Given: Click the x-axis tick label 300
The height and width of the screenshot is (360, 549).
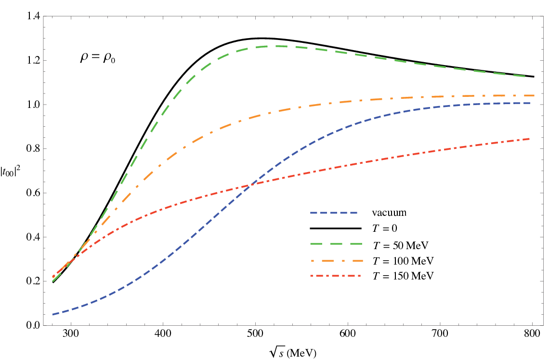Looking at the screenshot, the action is (71, 333).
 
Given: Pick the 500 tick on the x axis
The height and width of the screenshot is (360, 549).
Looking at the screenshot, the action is (256, 333).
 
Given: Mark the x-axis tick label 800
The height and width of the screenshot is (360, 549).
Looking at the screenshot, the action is (532, 333).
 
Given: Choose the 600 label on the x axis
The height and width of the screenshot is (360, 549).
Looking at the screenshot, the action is (348, 333).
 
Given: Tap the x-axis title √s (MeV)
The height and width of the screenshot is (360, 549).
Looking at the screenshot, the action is (293, 352).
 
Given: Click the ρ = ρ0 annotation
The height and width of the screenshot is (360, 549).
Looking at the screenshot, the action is (98, 57).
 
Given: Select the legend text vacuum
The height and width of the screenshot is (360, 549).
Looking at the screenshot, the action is (389, 213).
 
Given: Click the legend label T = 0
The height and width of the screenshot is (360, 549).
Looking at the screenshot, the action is (384, 228).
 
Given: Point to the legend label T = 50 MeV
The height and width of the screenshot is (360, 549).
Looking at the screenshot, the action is (400, 245).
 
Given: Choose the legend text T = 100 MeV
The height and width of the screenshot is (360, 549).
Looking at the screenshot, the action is (403, 261).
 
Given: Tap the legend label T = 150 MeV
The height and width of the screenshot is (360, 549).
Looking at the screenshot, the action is (403, 276).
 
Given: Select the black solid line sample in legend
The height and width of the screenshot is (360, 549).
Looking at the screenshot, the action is (336, 228).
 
